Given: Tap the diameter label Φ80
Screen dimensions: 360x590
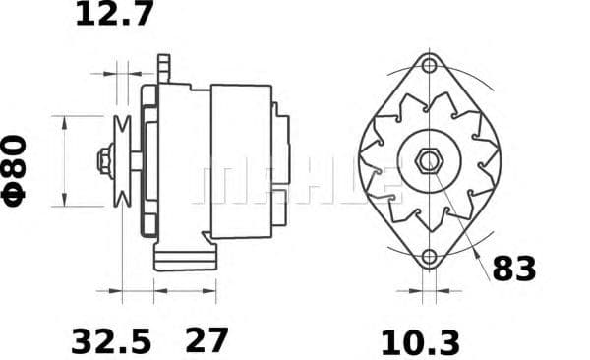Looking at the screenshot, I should (17, 169).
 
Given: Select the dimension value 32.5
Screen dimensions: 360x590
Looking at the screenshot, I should (111, 340).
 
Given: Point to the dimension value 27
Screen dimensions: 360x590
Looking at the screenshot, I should (206, 340).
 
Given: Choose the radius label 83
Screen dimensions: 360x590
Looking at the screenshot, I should (513, 267).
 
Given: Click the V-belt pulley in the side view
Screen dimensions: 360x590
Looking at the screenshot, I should (123, 160).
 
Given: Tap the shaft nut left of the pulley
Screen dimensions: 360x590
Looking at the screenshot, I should (103, 160).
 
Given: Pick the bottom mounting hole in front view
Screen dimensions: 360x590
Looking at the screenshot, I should (429, 259).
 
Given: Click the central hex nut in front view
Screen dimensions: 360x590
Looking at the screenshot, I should (429, 160).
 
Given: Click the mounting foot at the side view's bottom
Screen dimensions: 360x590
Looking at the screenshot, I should (185, 259).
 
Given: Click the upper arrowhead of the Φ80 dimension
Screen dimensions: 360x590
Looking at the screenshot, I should (65, 120).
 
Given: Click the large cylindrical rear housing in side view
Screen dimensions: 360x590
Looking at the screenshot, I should (241, 160).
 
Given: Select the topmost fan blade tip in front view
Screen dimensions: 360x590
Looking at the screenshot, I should (430, 95).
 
